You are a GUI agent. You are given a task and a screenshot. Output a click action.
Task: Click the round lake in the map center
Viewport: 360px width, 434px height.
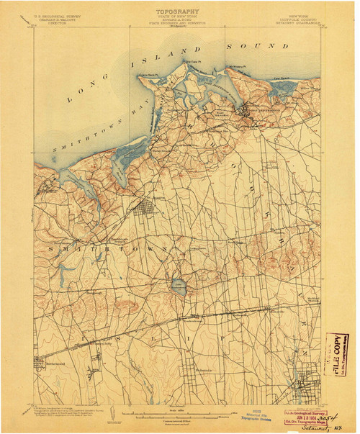tap(177, 288)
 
